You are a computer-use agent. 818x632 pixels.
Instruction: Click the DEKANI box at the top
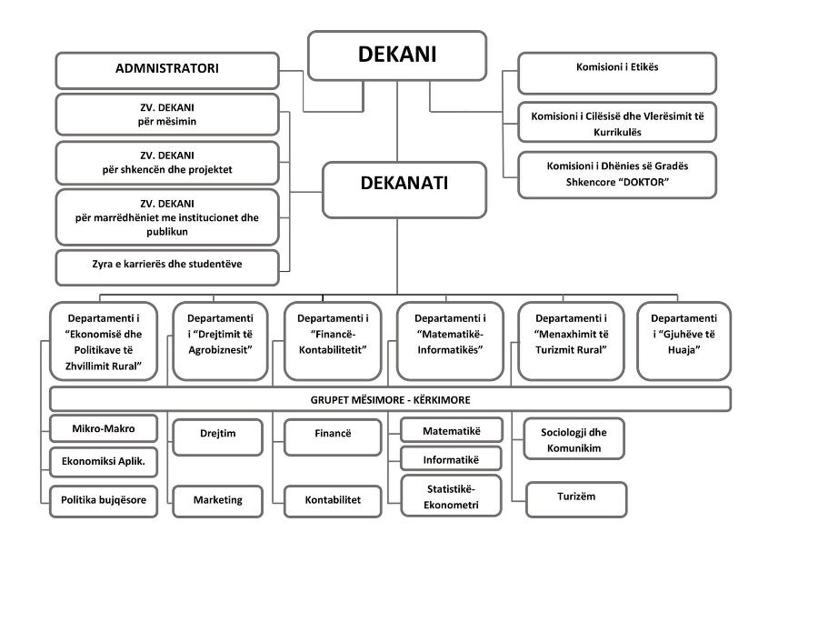click(397, 55)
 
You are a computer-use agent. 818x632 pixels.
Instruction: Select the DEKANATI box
click(404, 189)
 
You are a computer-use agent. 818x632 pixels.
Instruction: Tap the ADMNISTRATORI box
click(167, 70)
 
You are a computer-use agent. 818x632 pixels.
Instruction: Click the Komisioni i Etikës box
click(617, 73)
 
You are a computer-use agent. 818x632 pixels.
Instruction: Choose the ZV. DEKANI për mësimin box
click(167, 115)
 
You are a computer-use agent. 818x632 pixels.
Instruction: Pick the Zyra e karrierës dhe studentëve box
click(167, 267)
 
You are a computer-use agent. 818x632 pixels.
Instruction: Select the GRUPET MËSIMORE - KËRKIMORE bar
click(390, 399)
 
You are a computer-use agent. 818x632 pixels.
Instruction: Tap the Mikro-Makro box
click(104, 428)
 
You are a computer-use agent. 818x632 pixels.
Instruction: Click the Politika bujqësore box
click(104, 501)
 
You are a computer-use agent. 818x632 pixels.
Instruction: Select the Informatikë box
click(451, 459)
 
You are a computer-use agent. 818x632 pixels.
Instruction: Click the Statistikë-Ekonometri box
click(451, 496)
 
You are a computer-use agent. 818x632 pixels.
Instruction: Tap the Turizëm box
click(576, 499)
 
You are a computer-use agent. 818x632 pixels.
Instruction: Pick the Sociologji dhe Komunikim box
click(574, 439)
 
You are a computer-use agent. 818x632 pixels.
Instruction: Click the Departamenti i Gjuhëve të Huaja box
click(683, 341)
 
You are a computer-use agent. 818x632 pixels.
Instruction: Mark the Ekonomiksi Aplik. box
click(104, 462)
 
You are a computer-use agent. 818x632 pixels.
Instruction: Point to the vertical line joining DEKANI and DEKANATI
click(397, 121)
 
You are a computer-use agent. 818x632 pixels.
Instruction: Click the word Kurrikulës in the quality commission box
click(617, 132)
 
